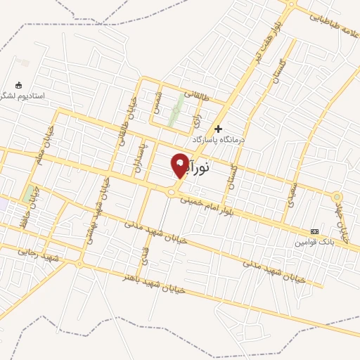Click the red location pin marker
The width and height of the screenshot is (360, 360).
(x=180, y=165)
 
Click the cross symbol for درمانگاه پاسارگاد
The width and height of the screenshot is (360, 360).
(x=219, y=129)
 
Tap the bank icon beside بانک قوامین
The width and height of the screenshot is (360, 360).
(x=314, y=231)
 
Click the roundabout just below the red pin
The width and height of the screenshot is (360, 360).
(x=171, y=191)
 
